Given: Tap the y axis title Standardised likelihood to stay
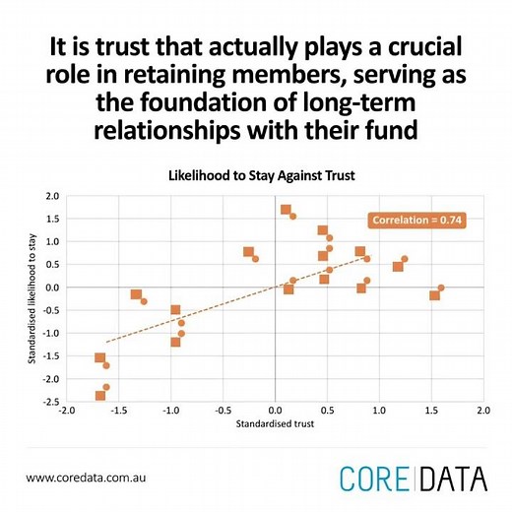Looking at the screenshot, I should [x=32, y=297].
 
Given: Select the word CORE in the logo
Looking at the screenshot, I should [x=376, y=479].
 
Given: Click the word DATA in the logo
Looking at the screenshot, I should [x=452, y=479].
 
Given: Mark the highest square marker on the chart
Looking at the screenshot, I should [x=286, y=210].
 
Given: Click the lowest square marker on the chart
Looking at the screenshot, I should [x=99, y=396].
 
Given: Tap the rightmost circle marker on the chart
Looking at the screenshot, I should [x=441, y=288].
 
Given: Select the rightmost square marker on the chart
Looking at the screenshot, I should [x=434, y=295].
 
